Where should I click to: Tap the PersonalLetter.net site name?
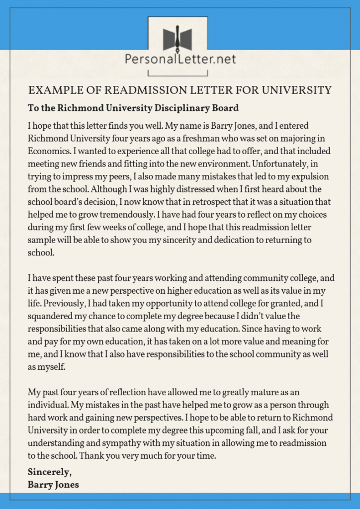180,60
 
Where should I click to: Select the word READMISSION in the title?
134,90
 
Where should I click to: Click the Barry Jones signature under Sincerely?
53,484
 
